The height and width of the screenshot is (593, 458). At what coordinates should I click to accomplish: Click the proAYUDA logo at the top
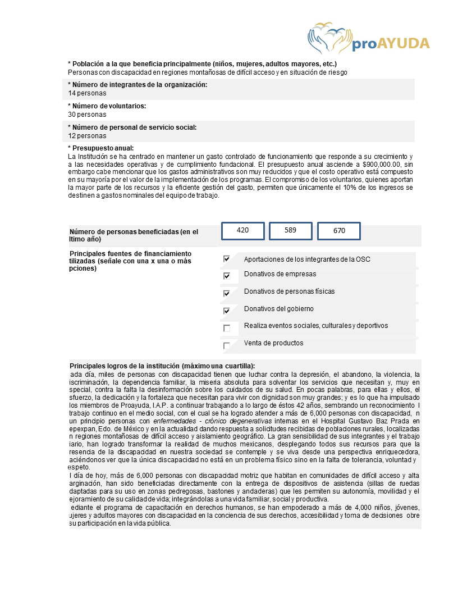(369, 38)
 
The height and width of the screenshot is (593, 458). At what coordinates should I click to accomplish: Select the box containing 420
(243, 230)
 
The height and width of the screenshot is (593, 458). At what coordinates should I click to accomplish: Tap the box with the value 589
(291, 230)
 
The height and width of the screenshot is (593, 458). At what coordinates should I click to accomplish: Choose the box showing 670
(338, 231)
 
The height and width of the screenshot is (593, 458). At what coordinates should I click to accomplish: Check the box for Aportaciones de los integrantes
(227, 259)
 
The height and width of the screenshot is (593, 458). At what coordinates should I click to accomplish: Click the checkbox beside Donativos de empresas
(227, 276)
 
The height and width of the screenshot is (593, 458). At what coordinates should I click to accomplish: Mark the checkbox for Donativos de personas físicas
(227, 293)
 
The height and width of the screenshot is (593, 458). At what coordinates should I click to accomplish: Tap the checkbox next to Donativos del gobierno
(227, 310)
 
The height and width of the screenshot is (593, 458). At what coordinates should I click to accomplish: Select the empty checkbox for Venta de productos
(227, 345)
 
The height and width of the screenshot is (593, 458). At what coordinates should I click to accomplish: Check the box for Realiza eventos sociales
(227, 328)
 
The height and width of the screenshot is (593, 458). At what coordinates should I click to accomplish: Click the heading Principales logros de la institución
(162, 366)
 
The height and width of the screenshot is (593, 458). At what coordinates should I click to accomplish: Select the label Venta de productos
(273, 343)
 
